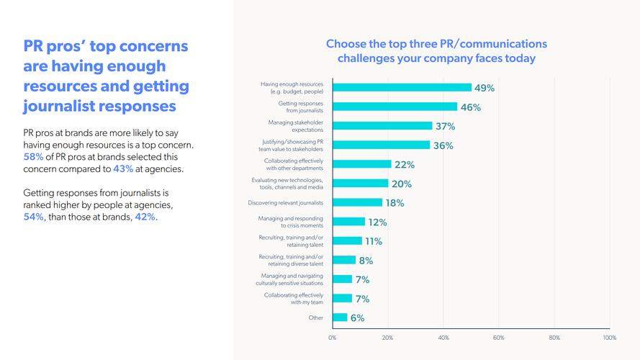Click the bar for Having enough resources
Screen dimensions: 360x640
click(401, 88)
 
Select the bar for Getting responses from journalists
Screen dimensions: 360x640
click(395, 107)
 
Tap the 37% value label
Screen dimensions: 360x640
click(445, 126)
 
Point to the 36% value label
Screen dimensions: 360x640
click(443, 145)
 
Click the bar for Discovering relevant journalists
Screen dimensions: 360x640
click(357, 202)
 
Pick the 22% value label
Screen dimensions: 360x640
click(404, 164)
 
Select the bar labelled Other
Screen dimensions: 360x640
click(340, 318)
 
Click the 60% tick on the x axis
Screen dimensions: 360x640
click(498, 337)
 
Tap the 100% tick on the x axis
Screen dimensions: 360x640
click(609, 337)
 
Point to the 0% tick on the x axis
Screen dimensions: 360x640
click(332, 337)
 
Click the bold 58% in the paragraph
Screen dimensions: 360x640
click(34, 158)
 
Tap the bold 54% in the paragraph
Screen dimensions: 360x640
click(34, 217)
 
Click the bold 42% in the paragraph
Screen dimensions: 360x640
click(145, 217)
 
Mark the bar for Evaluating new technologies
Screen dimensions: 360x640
click(360, 184)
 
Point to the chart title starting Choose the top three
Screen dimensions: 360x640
click(436, 51)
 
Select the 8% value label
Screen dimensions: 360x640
click(366, 260)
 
